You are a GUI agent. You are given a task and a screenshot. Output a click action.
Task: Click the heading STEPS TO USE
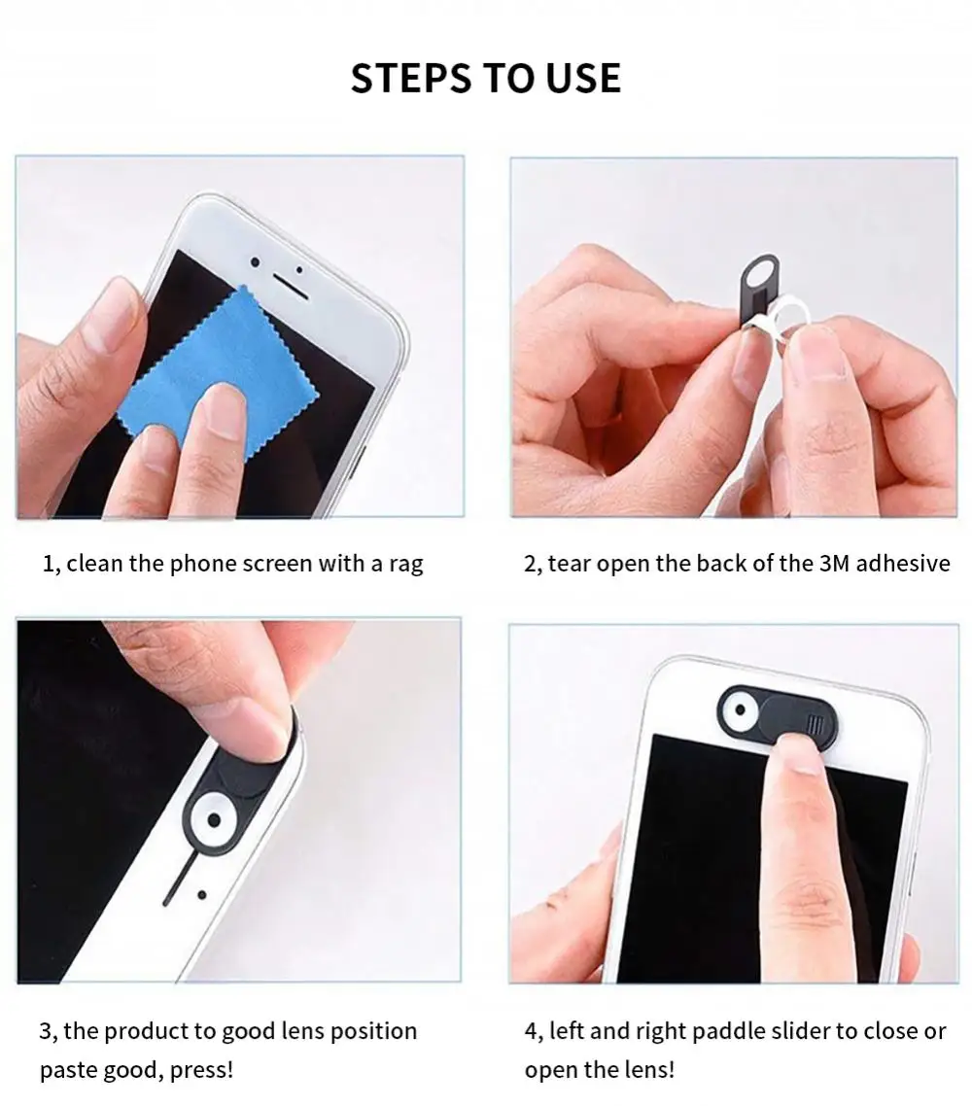tap(485, 78)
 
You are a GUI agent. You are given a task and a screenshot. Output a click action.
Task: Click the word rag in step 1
tap(405, 565)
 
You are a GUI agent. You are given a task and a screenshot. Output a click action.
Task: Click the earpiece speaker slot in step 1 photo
tap(291, 286)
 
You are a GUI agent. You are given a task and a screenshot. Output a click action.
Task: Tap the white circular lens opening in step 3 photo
tap(215, 820)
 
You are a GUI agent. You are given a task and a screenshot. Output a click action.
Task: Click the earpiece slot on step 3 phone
tap(176, 881)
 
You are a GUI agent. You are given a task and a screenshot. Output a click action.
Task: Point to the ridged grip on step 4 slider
tap(814, 724)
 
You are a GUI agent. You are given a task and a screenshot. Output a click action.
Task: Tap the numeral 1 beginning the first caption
tap(48, 564)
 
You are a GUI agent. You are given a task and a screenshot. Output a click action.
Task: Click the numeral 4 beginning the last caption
tap(531, 1031)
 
